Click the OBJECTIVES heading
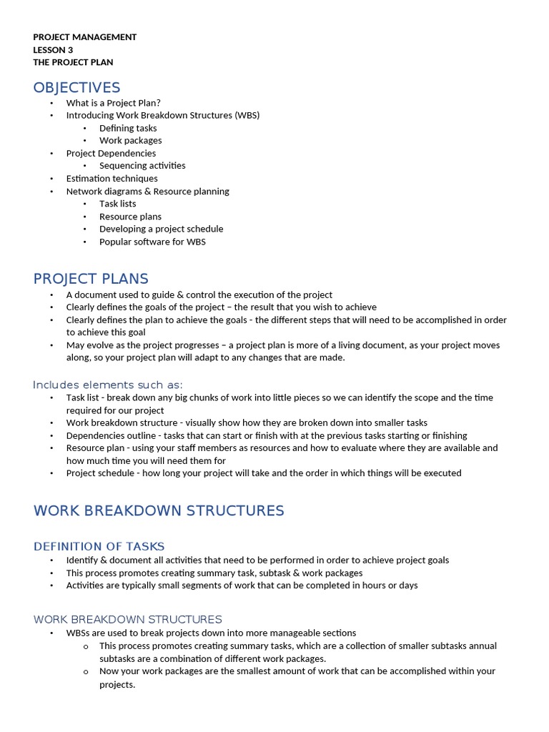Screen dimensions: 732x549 76,88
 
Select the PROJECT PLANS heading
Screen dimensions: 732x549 91,279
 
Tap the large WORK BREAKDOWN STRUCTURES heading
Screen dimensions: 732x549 159,510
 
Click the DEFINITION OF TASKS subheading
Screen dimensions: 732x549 99,547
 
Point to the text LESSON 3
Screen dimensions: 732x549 53,50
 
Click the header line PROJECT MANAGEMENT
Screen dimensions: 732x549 84,37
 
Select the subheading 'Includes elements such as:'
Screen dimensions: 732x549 108,385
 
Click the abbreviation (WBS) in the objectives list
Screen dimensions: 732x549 247,115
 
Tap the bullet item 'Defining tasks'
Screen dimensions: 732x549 128,128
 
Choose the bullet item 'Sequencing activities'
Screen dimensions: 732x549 142,166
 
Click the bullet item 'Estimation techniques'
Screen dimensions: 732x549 112,179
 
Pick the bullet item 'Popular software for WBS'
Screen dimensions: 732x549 152,242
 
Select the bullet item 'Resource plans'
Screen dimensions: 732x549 130,217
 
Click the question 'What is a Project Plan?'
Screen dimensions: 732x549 114,103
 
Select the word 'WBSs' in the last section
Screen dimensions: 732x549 79,633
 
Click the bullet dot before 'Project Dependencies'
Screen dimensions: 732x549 51,154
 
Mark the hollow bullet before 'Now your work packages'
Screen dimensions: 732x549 85,671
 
